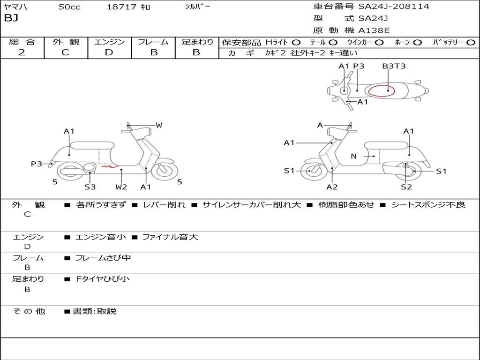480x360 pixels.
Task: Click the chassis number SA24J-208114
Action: (x=394, y=7)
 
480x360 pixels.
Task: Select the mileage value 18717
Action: (x=121, y=7)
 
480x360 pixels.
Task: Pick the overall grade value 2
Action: (x=22, y=52)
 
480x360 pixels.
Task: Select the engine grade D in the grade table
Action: (x=109, y=52)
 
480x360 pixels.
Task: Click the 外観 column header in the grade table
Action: (x=66, y=42)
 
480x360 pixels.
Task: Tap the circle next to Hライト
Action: (x=296, y=43)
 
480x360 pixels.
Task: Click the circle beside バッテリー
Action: (x=471, y=43)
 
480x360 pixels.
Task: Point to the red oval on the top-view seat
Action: (x=381, y=90)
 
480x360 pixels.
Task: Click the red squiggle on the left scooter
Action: (x=110, y=165)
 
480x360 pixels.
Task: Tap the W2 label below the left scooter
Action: (x=121, y=187)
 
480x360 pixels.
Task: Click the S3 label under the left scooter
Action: (x=90, y=187)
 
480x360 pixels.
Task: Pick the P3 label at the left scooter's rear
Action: (x=37, y=164)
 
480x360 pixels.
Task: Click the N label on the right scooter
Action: (x=353, y=157)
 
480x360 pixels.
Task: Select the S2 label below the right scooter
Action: (x=406, y=187)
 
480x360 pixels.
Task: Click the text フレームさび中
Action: (x=103, y=258)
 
